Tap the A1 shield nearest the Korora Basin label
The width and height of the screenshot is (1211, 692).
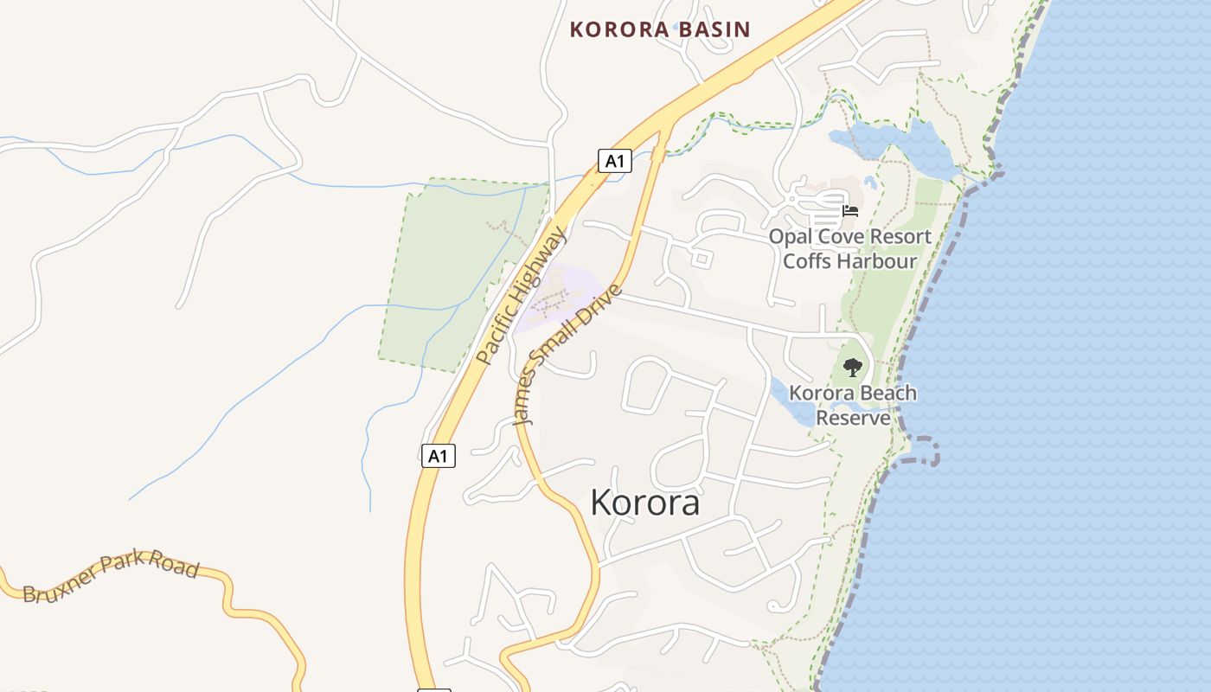click(614, 160)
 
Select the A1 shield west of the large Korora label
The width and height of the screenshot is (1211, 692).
click(439, 455)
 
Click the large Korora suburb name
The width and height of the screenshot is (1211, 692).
click(644, 502)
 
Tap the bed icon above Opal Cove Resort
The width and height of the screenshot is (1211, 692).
click(850, 210)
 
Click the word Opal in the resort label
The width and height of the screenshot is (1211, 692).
click(789, 236)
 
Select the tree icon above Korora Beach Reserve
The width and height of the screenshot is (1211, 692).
click(853, 368)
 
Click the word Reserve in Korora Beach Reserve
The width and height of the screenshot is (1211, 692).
click(853, 418)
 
